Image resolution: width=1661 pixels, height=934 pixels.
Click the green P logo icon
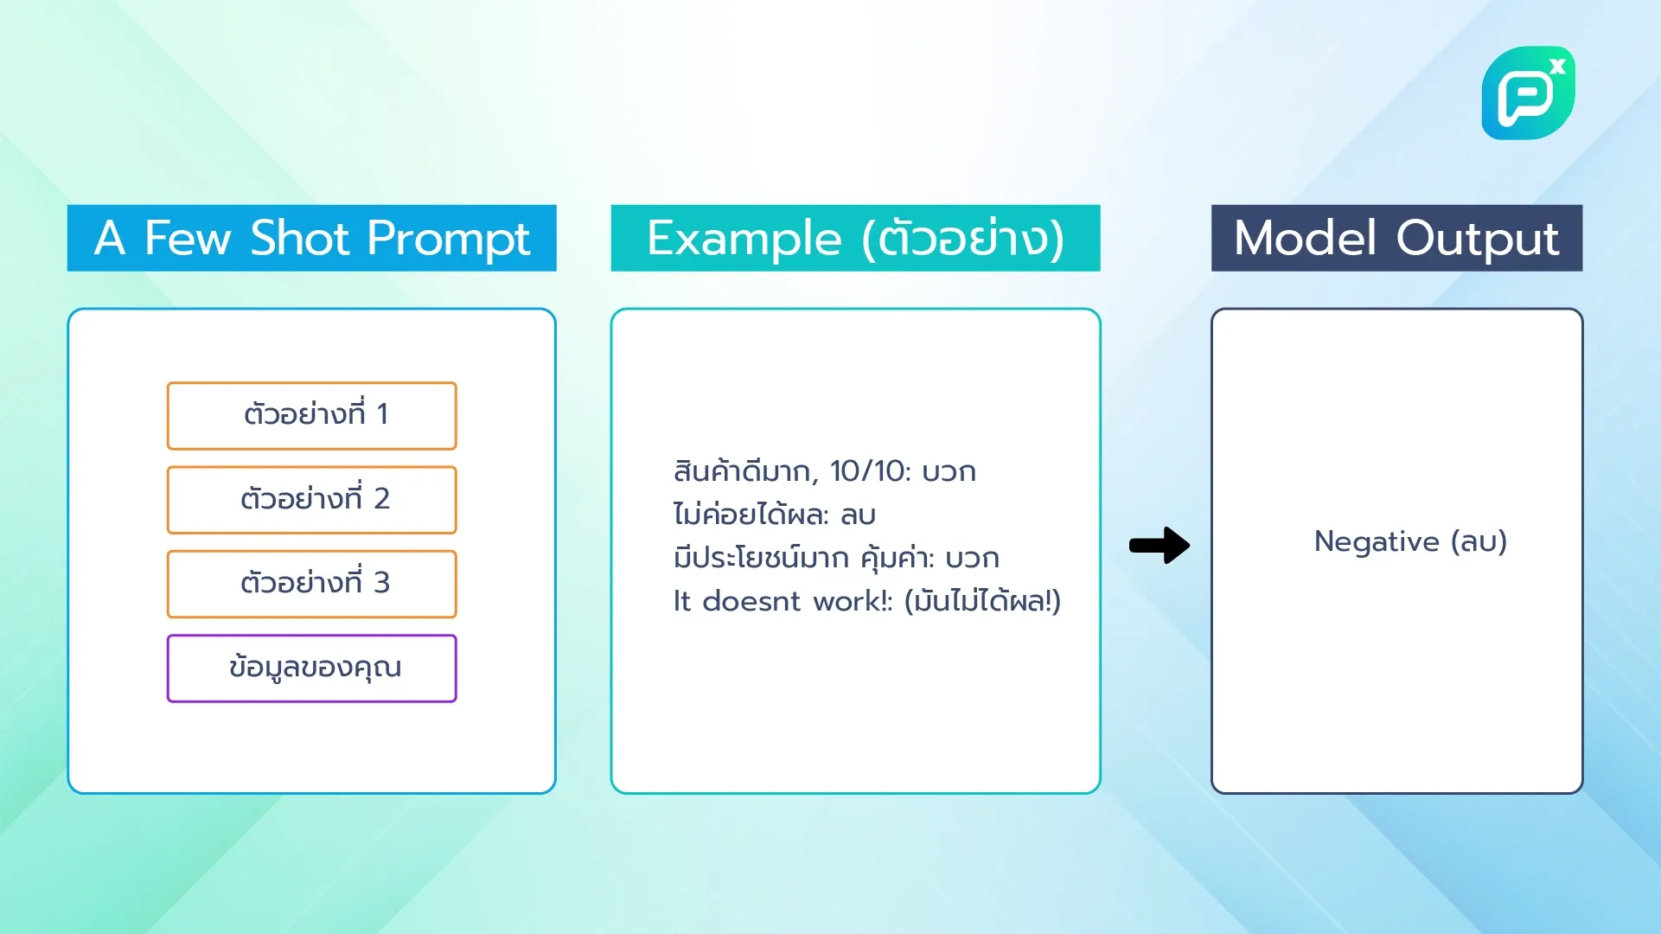(1526, 93)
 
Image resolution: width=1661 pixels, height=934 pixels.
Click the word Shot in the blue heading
(299, 238)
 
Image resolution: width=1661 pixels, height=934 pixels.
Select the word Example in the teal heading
(744, 238)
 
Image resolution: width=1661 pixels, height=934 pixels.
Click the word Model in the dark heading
(1305, 238)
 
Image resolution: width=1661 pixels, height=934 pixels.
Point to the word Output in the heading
(1477, 238)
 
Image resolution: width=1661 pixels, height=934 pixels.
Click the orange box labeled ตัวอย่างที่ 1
(311, 415)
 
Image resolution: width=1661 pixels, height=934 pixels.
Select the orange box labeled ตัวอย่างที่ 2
(311, 499)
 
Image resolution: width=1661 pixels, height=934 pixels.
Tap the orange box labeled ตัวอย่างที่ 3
(311, 583)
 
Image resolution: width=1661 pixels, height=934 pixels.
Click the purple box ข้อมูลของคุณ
(311, 668)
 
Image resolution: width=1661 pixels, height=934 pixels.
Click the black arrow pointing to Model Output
(1159, 545)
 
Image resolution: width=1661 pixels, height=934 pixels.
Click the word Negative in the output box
(1377, 541)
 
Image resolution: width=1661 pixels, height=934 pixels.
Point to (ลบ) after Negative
(1479, 541)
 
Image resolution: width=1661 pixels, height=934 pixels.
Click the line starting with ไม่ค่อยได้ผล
(774, 515)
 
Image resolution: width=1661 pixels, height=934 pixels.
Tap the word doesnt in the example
(751, 601)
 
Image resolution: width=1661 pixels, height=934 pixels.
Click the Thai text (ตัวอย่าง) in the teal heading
(962, 238)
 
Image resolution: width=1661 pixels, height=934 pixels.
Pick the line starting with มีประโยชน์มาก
(835, 558)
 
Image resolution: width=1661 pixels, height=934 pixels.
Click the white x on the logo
(1557, 66)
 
